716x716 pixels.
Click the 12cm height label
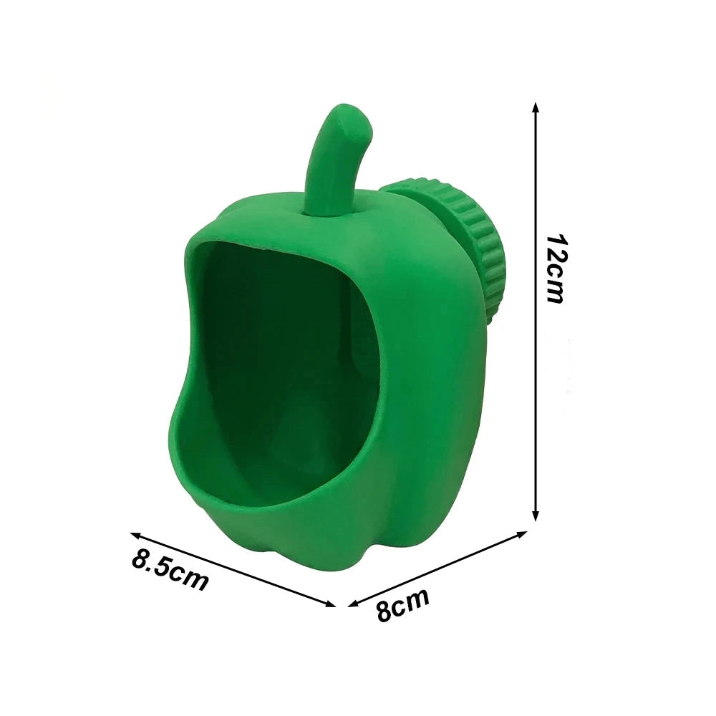pos(556,269)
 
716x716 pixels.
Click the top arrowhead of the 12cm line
pos(536,108)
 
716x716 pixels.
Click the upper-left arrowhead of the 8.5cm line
pos(136,535)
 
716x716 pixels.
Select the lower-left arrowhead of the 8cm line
pos(354,603)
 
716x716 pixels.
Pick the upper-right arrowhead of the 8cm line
pos(522,534)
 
